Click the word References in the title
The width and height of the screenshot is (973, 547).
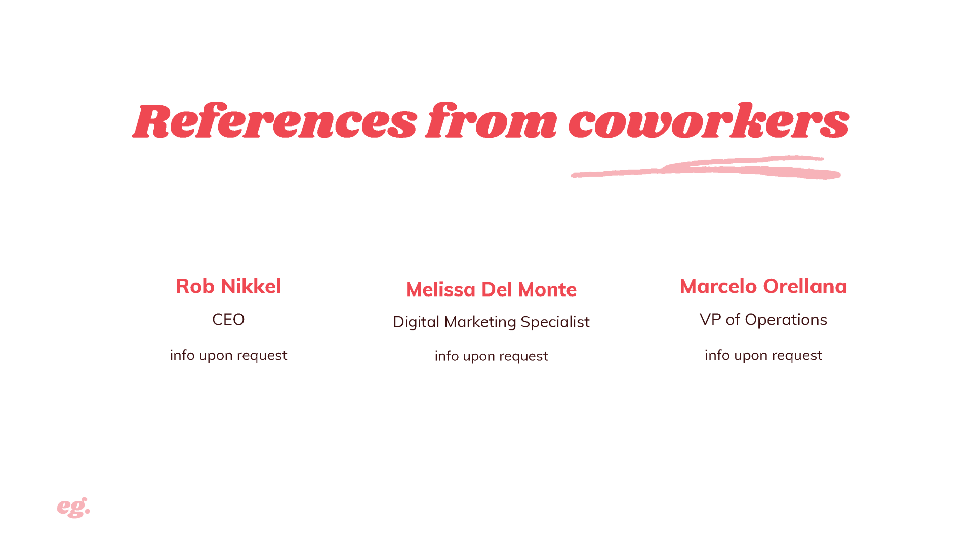pyautogui.click(x=275, y=121)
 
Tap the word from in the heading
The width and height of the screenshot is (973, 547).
pyautogui.click(x=491, y=120)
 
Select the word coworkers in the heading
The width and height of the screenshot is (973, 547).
pyautogui.click(x=709, y=120)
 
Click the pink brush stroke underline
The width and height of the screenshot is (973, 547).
pyautogui.click(x=706, y=167)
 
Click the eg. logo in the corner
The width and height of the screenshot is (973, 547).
pyautogui.click(x=73, y=508)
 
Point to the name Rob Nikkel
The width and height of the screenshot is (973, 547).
pyautogui.click(x=228, y=286)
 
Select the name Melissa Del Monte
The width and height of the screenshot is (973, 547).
pyautogui.click(x=491, y=289)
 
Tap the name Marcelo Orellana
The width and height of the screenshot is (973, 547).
pyautogui.click(x=763, y=286)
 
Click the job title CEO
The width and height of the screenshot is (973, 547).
pyautogui.click(x=228, y=320)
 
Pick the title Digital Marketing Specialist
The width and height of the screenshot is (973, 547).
pyautogui.click(x=491, y=322)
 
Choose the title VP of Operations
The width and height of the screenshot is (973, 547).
pyautogui.click(x=763, y=320)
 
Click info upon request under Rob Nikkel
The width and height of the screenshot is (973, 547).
pyautogui.click(x=228, y=355)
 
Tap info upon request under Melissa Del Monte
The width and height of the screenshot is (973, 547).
pyautogui.click(x=491, y=356)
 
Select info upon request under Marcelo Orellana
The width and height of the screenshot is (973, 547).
pyautogui.click(x=763, y=355)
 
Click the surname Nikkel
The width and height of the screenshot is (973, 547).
pyautogui.click(x=251, y=286)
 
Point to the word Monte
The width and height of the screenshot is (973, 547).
pyautogui.click(x=547, y=289)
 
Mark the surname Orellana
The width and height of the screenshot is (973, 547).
pyautogui.click(x=805, y=286)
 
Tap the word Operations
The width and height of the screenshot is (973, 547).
pyautogui.click(x=786, y=320)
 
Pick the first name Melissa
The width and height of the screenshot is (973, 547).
pyautogui.click(x=441, y=289)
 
